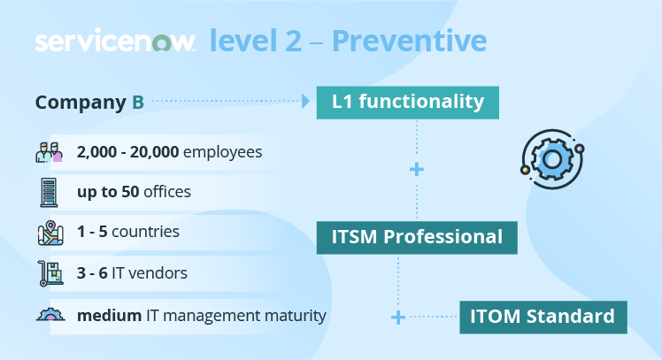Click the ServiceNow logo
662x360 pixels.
[115, 42]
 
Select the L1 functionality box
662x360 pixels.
[408, 102]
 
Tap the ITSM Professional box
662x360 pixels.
[417, 237]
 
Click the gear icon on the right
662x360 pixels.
[551, 159]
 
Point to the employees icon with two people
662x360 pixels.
[50, 151]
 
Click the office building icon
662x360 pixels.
[49, 191]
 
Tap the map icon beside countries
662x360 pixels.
[49, 232]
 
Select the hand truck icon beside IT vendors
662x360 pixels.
[49, 272]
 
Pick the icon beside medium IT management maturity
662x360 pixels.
[49, 314]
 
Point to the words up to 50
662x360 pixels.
[109, 192]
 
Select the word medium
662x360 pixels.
[108, 315]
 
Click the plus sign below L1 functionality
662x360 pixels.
[417, 169]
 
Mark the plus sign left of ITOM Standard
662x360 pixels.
[398, 317]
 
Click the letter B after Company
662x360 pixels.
[138, 102]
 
